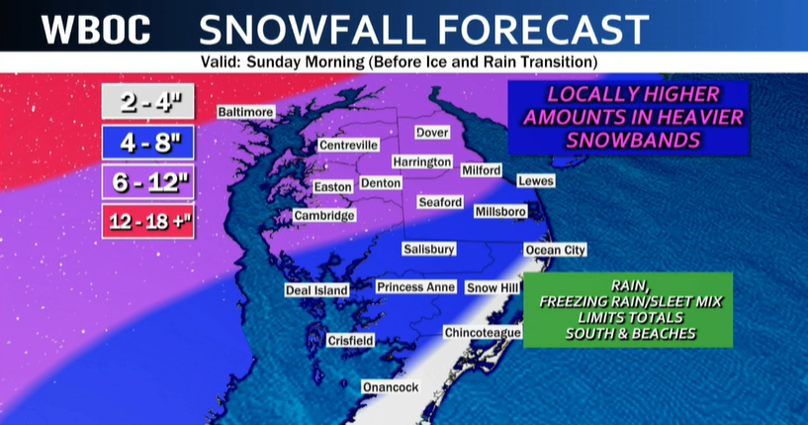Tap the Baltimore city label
coord(245,112)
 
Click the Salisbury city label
coord(429,250)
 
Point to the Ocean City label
coord(555,250)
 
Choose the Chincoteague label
coord(482,332)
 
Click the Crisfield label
coord(351,341)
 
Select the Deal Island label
coord(316,290)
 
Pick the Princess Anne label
coord(415,287)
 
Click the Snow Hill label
coord(493,287)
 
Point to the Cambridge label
coord(324,216)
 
